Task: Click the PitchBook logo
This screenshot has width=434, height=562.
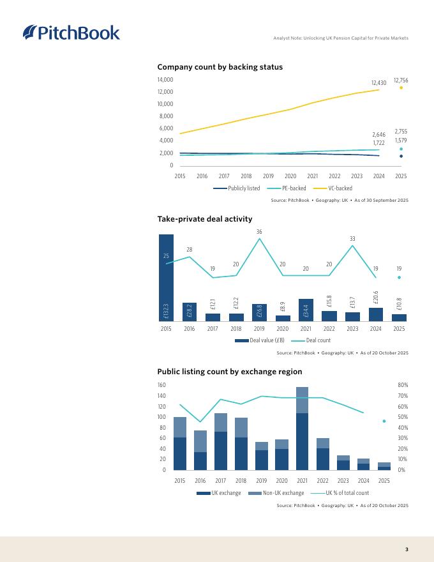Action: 71,32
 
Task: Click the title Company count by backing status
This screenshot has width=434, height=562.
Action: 220,67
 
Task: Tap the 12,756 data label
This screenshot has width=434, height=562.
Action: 401,80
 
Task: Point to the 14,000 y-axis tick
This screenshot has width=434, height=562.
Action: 165,80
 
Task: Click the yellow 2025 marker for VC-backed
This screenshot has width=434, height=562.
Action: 401,87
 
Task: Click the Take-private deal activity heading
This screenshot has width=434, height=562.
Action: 204,220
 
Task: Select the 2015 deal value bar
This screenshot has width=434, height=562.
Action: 166,277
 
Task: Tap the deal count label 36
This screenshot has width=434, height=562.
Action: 259,231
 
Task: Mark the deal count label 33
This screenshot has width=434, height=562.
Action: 352,239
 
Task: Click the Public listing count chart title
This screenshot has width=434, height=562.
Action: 229,372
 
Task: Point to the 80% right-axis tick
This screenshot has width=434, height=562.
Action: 402,385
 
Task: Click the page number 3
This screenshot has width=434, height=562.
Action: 407,549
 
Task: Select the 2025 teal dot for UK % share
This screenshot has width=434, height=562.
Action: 384,421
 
